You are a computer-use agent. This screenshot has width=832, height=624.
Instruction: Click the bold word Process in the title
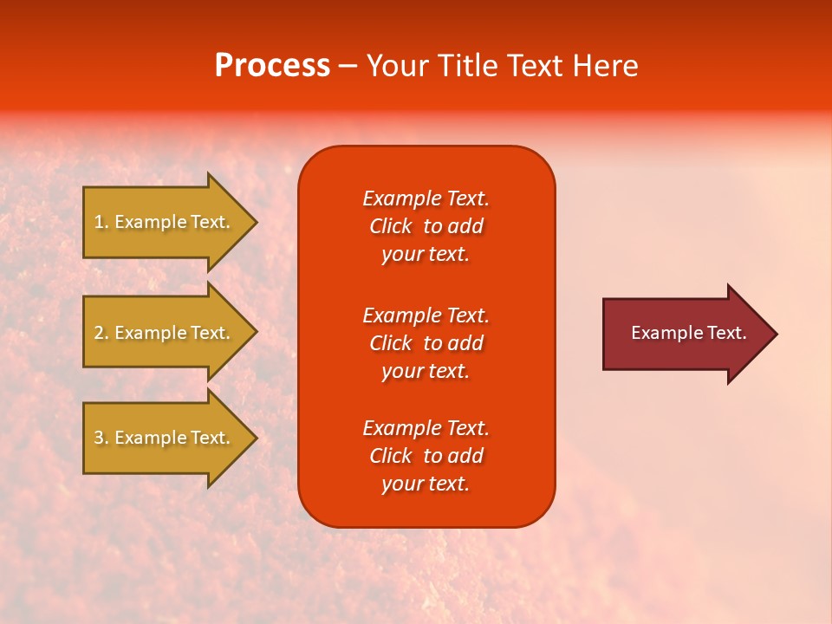(272, 66)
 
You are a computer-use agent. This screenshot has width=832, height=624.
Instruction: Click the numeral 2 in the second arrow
(98, 333)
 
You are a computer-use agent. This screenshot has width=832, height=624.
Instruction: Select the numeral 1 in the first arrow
(98, 222)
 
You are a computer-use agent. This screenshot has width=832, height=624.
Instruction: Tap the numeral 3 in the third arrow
(98, 438)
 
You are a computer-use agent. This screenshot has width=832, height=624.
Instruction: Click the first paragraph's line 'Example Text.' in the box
(426, 198)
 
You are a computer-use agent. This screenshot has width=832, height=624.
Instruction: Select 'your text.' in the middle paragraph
(426, 371)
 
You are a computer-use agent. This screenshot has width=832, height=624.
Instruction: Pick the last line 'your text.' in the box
(426, 484)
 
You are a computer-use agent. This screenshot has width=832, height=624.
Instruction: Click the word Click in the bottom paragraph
(391, 456)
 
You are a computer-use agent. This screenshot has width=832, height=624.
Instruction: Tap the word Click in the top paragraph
(391, 226)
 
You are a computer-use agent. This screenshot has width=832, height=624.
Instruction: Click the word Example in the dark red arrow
(663, 333)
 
